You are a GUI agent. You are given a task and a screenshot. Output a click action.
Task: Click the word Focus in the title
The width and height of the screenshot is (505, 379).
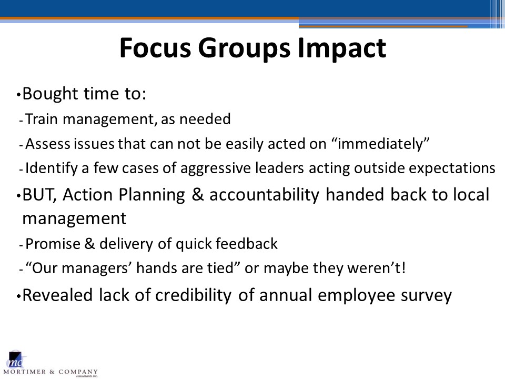pyautogui.click(x=155, y=48)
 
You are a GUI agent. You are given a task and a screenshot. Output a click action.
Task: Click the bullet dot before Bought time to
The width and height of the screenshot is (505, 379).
pyautogui.click(x=19, y=95)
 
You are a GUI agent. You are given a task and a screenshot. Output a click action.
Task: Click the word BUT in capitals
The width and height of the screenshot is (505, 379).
pyautogui.click(x=38, y=195)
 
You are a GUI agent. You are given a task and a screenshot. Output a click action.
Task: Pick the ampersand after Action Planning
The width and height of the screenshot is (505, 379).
pyautogui.click(x=197, y=195)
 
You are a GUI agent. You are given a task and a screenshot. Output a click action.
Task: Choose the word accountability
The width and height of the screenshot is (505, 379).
pyautogui.click(x=264, y=195)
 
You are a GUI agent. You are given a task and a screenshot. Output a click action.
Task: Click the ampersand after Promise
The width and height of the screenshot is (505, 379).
pyautogui.click(x=89, y=244)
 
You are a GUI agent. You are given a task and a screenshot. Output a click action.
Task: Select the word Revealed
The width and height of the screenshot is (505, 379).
pyautogui.click(x=57, y=295)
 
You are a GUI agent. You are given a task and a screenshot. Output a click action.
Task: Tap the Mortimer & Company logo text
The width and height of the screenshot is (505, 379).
pyautogui.click(x=50, y=372)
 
